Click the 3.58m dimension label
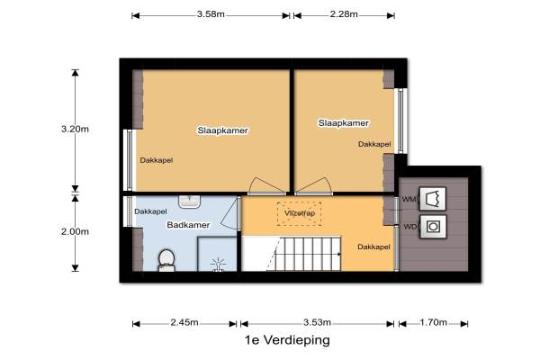(211, 14)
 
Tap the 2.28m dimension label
(344, 14)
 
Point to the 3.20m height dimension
(75, 130)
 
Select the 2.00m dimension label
(75, 232)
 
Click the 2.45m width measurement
(184, 322)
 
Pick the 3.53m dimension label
(317, 322)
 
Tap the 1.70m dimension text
(433, 322)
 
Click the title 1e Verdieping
(287, 340)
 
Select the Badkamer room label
(188, 225)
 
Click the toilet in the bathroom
(166, 260)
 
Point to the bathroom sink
(189, 202)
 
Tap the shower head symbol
(218, 265)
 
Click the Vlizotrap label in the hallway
(300, 213)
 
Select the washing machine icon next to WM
(433, 199)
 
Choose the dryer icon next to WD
(433, 227)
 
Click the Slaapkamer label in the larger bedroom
(223, 130)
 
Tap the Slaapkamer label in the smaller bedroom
(344, 123)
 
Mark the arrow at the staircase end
(339, 254)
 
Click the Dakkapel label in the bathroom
(150, 211)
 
